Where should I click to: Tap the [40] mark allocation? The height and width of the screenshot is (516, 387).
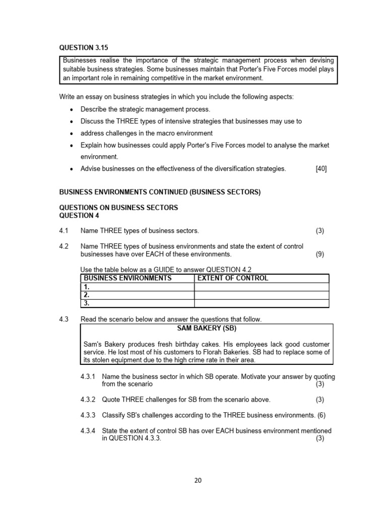(321, 169)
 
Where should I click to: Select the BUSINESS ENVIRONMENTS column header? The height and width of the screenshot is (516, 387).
(127, 278)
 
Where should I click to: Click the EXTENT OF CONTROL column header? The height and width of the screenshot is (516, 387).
(233, 278)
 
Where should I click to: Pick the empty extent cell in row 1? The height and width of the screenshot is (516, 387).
(262, 287)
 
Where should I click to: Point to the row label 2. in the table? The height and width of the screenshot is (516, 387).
(87, 295)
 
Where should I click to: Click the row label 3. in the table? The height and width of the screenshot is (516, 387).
(87, 303)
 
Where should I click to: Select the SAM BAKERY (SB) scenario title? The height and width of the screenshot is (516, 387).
(207, 328)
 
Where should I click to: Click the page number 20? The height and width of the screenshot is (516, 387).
(198, 480)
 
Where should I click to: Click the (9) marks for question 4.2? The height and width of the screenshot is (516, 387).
(320, 254)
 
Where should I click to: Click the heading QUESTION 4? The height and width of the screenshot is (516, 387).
(79, 216)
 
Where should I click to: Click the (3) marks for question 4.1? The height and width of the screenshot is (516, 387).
(320, 231)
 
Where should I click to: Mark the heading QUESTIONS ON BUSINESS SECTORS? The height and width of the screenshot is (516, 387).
(118, 208)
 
